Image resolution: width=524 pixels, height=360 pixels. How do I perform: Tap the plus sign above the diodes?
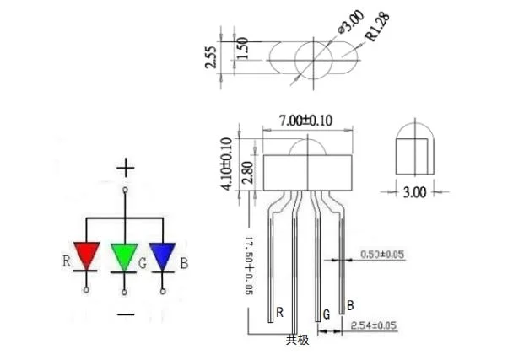pos(126,168)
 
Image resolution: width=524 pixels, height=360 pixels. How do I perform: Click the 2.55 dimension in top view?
pos(214,58)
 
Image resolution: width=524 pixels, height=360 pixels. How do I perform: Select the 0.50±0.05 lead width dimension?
pos(382,253)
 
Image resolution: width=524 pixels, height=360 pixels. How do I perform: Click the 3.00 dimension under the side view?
pos(413,192)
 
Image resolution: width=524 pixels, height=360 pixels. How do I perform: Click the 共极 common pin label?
pos(297,340)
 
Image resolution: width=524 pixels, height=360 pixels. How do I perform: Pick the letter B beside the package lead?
pos(350,304)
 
